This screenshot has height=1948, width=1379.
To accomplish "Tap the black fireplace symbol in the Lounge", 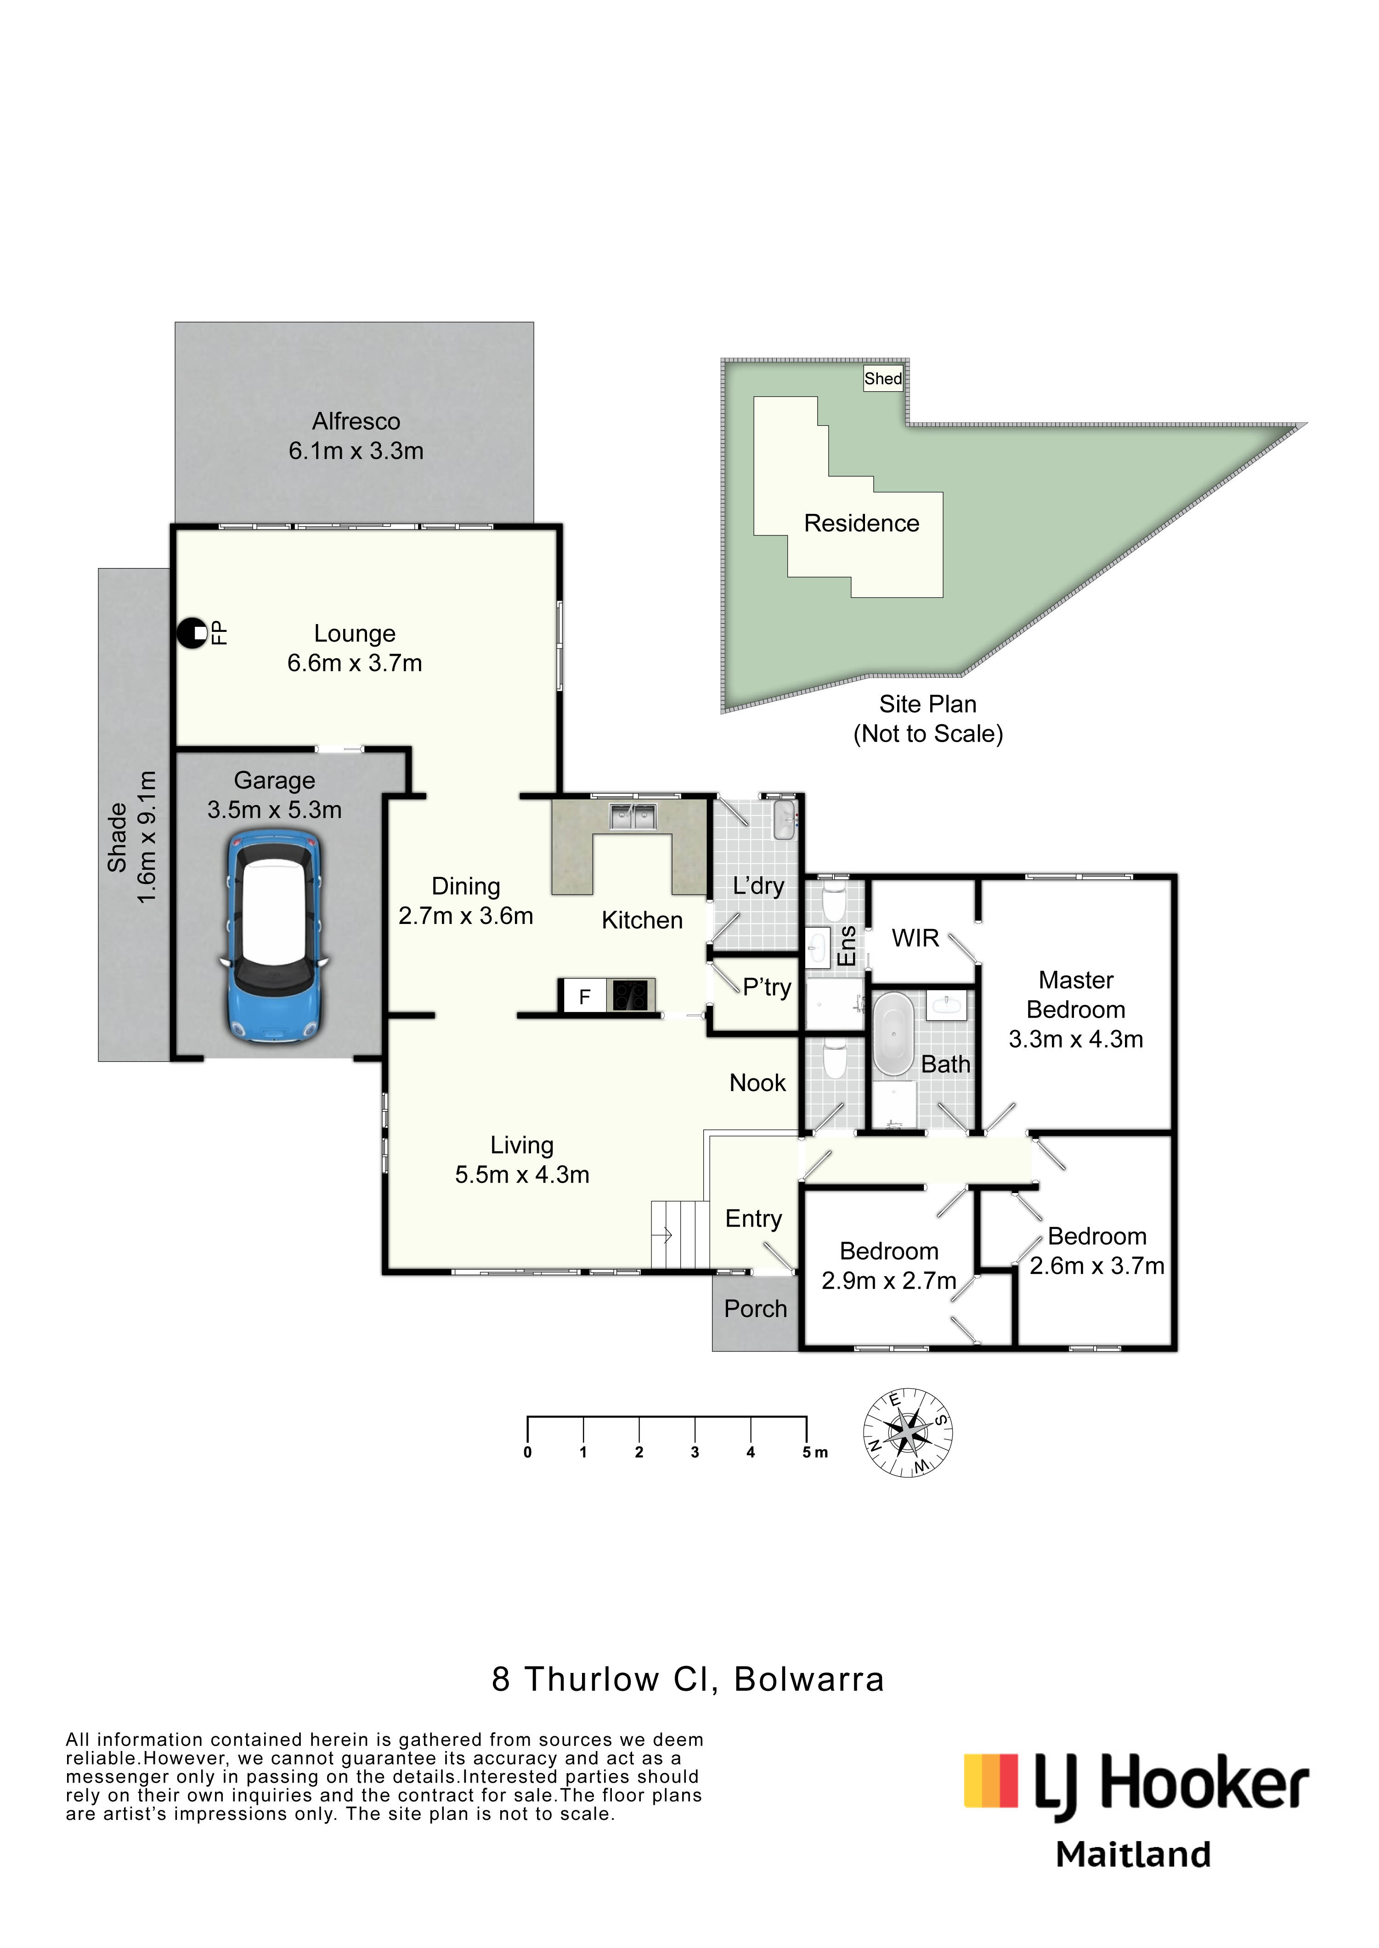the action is pos(192,632).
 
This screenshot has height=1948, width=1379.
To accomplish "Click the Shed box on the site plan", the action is pos(883,378).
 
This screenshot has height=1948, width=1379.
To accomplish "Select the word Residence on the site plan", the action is pos(862,523).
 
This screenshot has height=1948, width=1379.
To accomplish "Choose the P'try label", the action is pos(767,987).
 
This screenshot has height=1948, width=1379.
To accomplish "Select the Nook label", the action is pos(757,1083).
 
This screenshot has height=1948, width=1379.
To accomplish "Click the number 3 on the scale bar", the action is pos(695,1453).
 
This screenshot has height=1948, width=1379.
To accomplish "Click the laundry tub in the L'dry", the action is pos(785,819).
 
